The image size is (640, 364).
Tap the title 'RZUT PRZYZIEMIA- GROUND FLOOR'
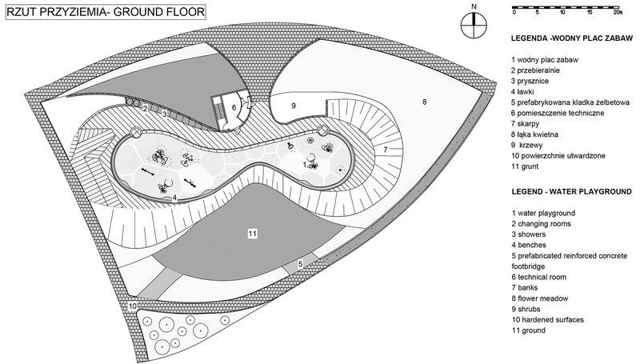104,12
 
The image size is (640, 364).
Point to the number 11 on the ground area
252,233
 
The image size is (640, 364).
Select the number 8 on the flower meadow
425,102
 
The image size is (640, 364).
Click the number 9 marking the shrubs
294,106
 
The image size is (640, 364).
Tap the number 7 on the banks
385,150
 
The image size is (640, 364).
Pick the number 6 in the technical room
234,107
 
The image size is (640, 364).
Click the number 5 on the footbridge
300,263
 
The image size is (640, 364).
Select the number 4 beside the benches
174,197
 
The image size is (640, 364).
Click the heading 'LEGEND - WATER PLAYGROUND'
570,192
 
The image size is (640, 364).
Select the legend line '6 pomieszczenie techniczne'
559,114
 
